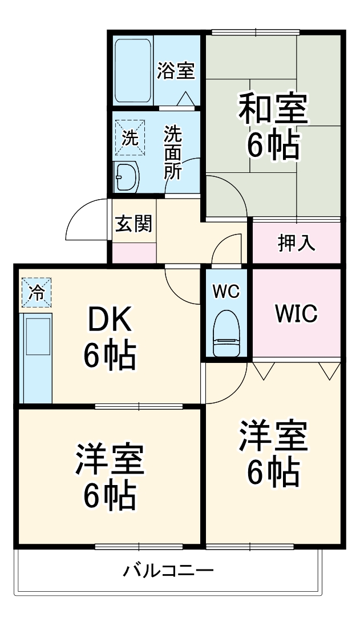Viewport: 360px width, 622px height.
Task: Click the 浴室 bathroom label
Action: tap(176, 71)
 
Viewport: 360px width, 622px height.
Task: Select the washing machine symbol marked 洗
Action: tap(130, 137)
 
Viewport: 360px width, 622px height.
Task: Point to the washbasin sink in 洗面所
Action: tap(127, 177)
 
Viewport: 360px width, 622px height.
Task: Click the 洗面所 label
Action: tap(173, 153)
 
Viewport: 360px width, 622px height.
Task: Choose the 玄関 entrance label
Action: tap(134, 224)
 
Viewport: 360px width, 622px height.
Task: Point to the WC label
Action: tap(226, 291)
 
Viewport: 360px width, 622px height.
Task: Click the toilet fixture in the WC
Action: tap(226, 334)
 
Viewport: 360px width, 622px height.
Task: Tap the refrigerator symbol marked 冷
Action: tap(37, 293)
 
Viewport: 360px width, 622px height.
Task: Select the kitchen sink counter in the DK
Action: tap(37, 357)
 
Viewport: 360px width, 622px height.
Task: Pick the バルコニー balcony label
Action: tap(168, 571)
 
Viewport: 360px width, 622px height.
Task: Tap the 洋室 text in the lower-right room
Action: tap(273, 437)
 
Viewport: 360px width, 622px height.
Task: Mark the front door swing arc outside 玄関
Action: tap(86, 220)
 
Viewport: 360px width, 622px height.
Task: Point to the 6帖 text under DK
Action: tap(110, 357)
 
